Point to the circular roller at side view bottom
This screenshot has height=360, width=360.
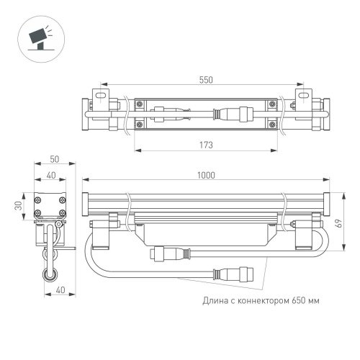(x=49, y=273)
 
